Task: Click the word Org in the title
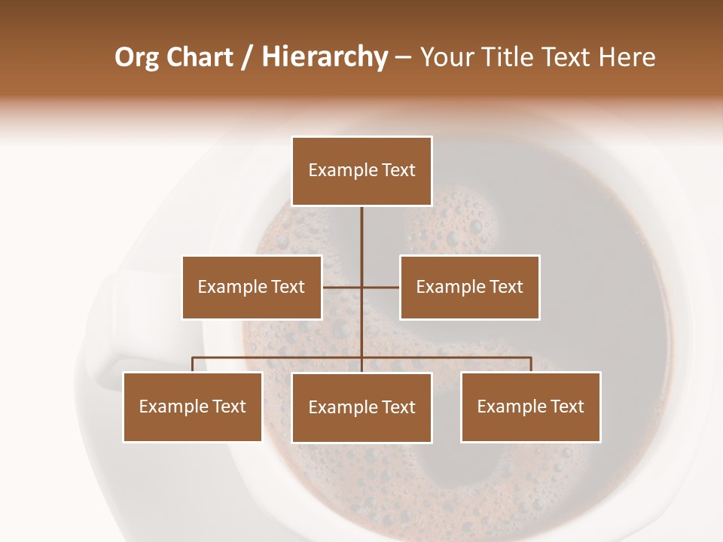click(x=137, y=58)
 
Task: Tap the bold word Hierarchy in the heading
click(x=325, y=57)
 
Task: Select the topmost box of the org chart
click(x=361, y=171)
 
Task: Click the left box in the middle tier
click(x=252, y=287)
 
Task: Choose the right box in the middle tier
click(x=469, y=287)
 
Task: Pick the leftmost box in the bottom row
click(x=193, y=406)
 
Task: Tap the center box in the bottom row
click(x=361, y=407)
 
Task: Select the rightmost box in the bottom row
click(x=530, y=406)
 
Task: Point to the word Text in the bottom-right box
click(x=566, y=406)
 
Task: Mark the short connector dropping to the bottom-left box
click(x=193, y=364)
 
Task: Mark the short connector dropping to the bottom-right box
click(x=531, y=364)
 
